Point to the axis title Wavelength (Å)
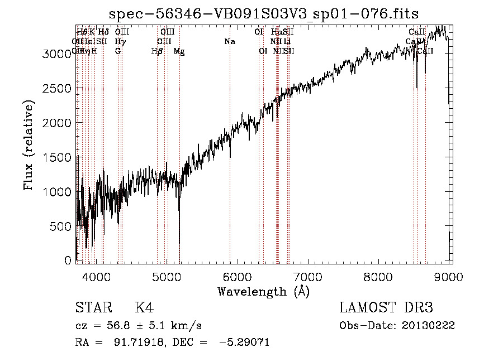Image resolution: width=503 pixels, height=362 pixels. click(263, 291)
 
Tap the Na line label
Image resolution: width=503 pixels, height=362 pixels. click(229, 41)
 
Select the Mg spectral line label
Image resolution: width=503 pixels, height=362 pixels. click(179, 51)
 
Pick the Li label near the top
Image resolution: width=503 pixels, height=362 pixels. click(287, 41)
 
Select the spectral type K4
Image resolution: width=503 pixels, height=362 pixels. click(144, 308)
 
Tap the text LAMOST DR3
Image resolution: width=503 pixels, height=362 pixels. click(386, 308)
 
